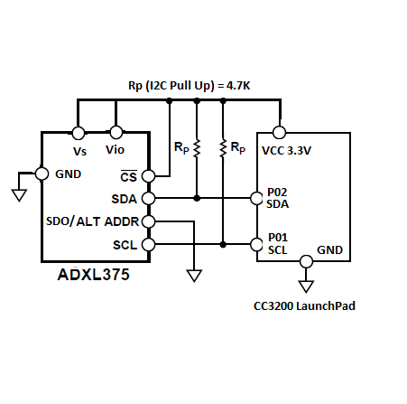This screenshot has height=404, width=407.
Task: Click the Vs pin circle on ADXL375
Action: click(79, 133)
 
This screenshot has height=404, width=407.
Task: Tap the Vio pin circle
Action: click(116, 132)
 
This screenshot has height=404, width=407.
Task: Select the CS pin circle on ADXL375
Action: click(148, 176)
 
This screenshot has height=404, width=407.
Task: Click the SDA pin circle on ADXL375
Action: click(148, 198)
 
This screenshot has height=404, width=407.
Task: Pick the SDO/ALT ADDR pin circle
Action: click(148, 221)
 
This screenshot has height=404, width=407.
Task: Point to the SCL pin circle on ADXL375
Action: click(148, 244)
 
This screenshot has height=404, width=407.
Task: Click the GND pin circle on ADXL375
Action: click(42, 174)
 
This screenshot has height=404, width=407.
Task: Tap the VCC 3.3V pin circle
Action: click(279, 132)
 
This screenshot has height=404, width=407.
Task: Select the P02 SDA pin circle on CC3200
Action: click(256, 198)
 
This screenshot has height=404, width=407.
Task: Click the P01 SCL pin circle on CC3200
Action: click(256, 244)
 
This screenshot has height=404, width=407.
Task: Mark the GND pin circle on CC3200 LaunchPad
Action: click(306, 261)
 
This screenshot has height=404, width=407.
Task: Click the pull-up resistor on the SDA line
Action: click(197, 148)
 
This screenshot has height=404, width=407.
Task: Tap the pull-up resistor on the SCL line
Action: click(223, 148)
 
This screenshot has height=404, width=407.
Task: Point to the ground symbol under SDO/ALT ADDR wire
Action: click(194, 276)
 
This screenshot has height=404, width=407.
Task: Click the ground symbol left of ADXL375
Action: click(19, 195)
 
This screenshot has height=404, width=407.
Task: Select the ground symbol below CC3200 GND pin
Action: click(306, 287)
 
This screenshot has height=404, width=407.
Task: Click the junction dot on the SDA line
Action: click(197, 198)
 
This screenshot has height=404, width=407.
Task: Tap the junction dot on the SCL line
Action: click(223, 244)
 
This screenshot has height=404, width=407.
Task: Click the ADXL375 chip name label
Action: click(93, 275)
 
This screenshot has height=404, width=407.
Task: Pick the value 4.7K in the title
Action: click(238, 86)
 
